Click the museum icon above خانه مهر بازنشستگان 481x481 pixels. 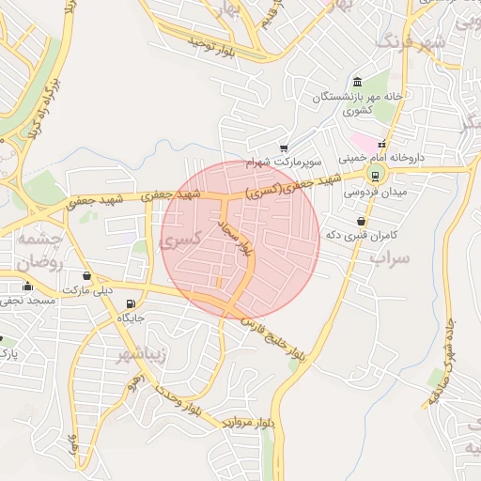point(357,82)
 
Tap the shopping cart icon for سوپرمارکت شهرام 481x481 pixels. point(283,147)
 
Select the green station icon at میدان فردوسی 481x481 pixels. point(375,175)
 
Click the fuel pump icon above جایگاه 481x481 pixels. point(129,303)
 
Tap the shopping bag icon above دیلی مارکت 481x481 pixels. point(87,276)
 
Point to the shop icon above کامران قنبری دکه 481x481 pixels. point(361,221)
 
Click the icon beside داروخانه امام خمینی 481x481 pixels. point(381,145)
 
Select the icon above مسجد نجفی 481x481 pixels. point(27,287)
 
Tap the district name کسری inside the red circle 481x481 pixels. point(181,240)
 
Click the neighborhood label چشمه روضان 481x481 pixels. point(38,252)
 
